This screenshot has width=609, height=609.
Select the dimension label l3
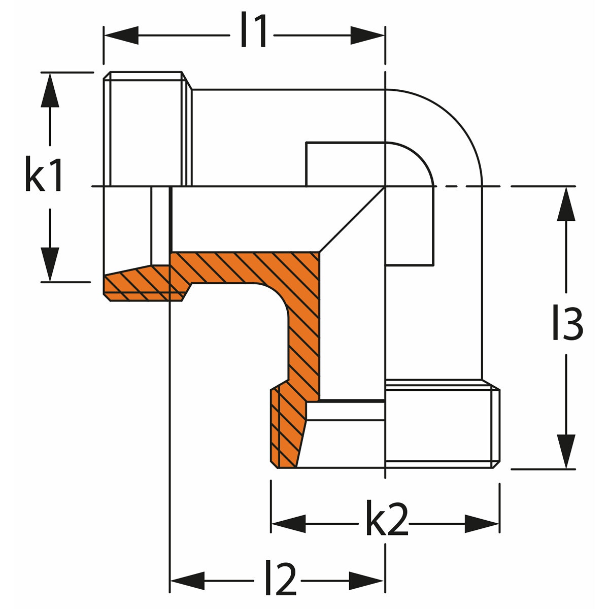click(x=567, y=324)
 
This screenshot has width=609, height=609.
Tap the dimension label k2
click(x=386, y=523)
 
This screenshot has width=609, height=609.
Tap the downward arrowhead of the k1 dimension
click(x=50, y=264)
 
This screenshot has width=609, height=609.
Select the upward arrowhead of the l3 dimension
click(x=566, y=204)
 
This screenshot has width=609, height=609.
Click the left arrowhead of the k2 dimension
click(x=288, y=523)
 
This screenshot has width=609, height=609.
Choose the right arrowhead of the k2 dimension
click(x=482, y=523)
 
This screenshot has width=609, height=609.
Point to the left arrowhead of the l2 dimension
click(x=187, y=579)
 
